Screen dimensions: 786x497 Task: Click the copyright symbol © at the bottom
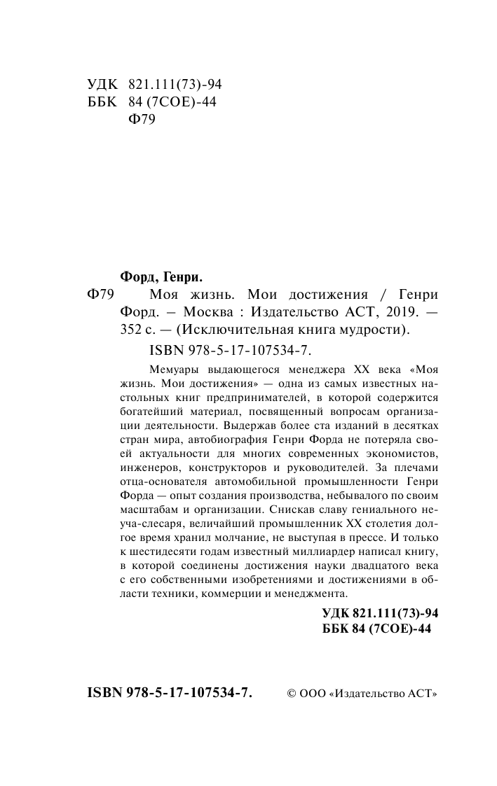[x=292, y=694]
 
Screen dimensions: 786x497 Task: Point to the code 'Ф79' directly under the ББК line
[x=143, y=119]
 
